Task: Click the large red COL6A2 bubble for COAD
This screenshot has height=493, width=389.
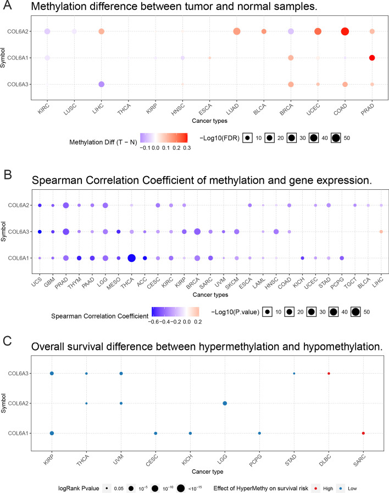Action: [x=345, y=31]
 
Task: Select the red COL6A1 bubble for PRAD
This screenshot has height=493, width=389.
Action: [x=372, y=58]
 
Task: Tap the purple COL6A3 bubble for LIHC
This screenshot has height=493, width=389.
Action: [x=102, y=84]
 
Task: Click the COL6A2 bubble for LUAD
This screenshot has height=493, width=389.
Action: [x=237, y=31]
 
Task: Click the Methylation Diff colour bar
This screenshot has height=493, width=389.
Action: [x=164, y=138]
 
